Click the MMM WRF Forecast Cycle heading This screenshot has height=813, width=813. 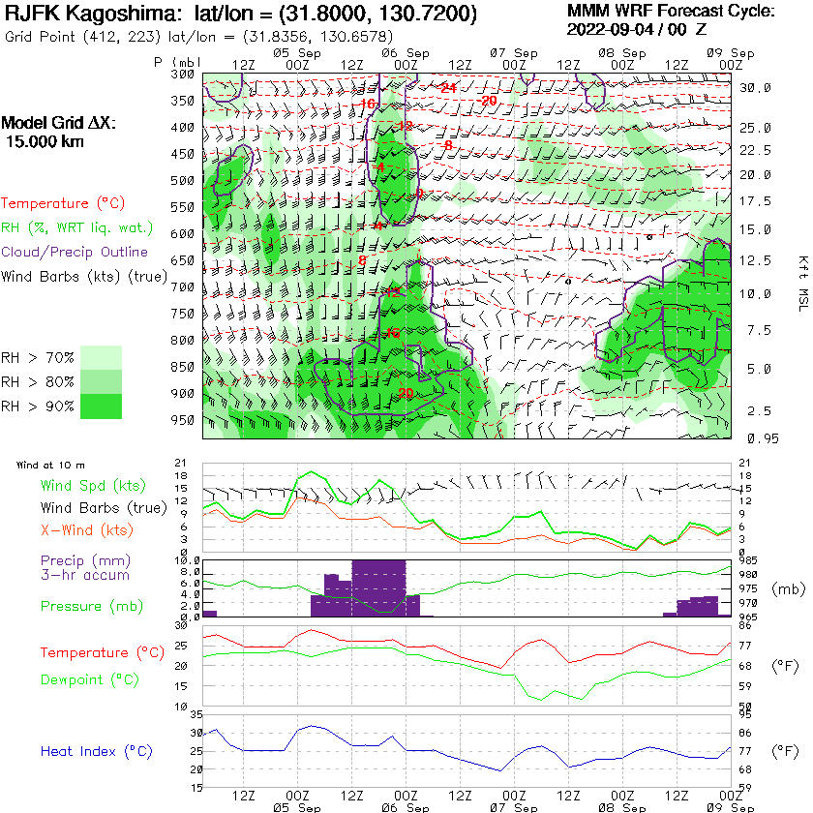click(671, 12)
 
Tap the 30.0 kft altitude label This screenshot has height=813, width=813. click(755, 87)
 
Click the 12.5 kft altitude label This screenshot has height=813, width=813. click(755, 259)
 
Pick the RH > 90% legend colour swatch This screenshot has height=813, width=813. click(101, 406)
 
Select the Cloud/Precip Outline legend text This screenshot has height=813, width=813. click(75, 253)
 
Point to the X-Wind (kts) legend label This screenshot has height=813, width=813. click(86, 530)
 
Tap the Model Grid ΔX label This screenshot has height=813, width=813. click(58, 124)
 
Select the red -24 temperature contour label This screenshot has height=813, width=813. click(447, 88)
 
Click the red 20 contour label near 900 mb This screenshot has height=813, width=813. click(405, 393)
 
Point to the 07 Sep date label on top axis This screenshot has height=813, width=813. click(513, 52)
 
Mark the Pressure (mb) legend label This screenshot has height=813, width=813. click(86, 607)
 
